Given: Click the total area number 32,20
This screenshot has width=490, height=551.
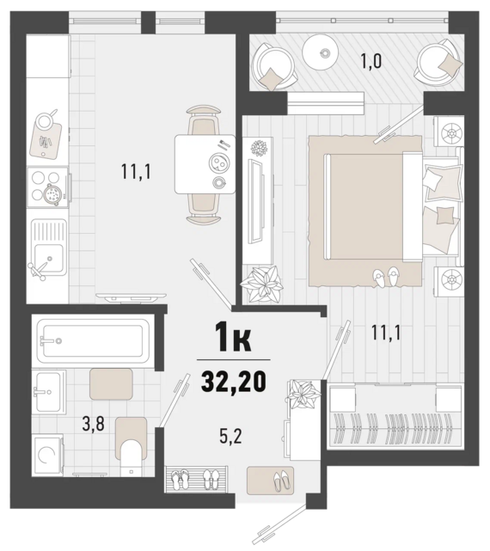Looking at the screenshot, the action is (x=233, y=382).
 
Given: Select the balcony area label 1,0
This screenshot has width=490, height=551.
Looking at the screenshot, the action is (x=371, y=61).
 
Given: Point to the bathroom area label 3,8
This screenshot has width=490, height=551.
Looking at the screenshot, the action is (x=93, y=424).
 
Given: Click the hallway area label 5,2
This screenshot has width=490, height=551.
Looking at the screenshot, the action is (x=230, y=437).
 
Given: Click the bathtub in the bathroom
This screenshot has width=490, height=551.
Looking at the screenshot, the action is (x=93, y=341).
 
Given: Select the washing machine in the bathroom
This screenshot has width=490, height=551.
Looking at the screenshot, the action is (x=48, y=456).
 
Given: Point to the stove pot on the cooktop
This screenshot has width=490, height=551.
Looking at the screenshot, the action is (x=52, y=193).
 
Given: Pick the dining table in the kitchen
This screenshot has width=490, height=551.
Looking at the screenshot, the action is (x=205, y=164).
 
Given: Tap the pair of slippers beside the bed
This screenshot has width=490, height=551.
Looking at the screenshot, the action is (x=386, y=277).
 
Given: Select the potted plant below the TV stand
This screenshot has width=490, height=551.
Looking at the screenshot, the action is (x=261, y=283).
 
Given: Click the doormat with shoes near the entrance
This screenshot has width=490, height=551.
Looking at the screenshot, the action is (x=270, y=480).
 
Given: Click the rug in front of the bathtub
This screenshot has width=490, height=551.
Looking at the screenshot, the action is (x=111, y=383).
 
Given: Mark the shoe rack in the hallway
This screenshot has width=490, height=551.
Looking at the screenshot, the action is (x=196, y=478).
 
